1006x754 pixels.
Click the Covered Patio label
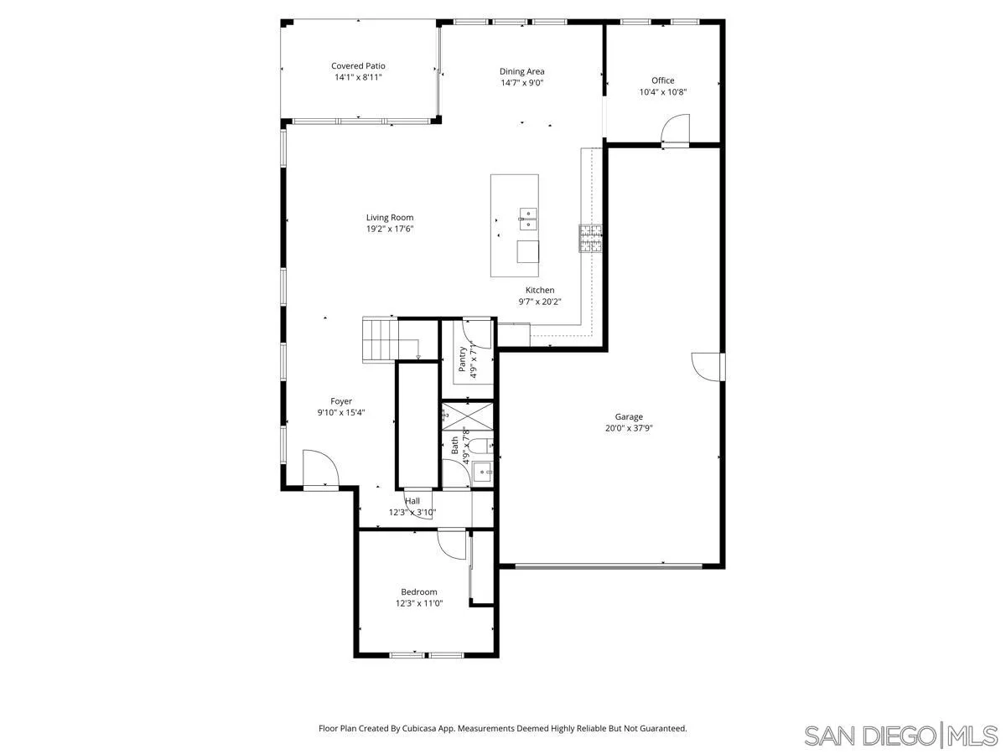358,65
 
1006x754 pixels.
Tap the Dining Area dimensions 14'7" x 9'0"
522,83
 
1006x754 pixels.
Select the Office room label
662,80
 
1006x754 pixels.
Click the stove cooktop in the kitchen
589,239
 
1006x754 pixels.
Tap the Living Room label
389,217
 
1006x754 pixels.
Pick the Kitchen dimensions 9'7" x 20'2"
540,302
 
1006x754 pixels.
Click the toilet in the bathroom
480,445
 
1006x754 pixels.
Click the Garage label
629,416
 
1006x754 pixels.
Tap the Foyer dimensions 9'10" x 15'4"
341,412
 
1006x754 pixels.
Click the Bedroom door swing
452,545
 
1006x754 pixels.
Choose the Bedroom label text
418,591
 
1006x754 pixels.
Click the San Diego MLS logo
900,735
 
